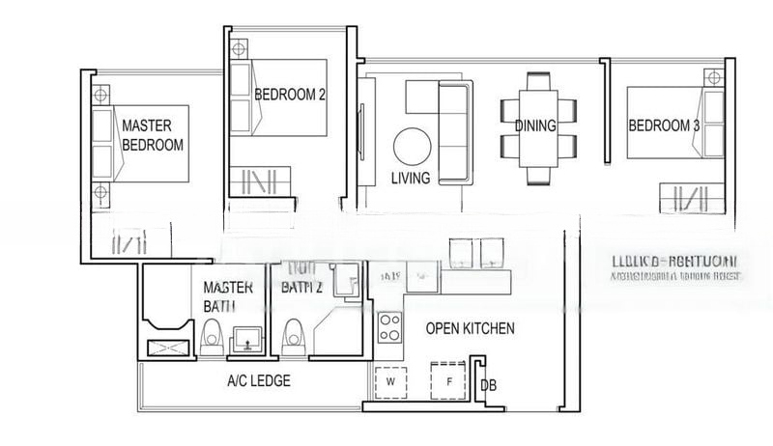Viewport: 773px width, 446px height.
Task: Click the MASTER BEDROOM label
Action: (x=153, y=134)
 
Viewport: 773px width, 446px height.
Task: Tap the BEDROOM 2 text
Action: (x=290, y=95)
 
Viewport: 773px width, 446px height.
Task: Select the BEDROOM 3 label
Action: (x=663, y=125)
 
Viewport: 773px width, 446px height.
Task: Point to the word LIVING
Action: (x=411, y=178)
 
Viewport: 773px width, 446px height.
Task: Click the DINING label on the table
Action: (x=534, y=125)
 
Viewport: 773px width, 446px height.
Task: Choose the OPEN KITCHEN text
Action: (x=470, y=328)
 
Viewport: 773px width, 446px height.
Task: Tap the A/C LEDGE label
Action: (x=258, y=380)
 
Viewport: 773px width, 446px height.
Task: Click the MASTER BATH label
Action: (x=228, y=296)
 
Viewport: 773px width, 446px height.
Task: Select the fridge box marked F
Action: (x=447, y=380)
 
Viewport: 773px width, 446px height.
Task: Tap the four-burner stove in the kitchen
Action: (x=389, y=327)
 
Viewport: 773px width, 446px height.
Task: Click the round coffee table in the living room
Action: (x=414, y=148)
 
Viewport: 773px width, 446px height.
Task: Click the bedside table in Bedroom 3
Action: (x=713, y=77)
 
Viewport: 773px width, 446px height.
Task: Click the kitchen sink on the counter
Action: (x=423, y=278)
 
